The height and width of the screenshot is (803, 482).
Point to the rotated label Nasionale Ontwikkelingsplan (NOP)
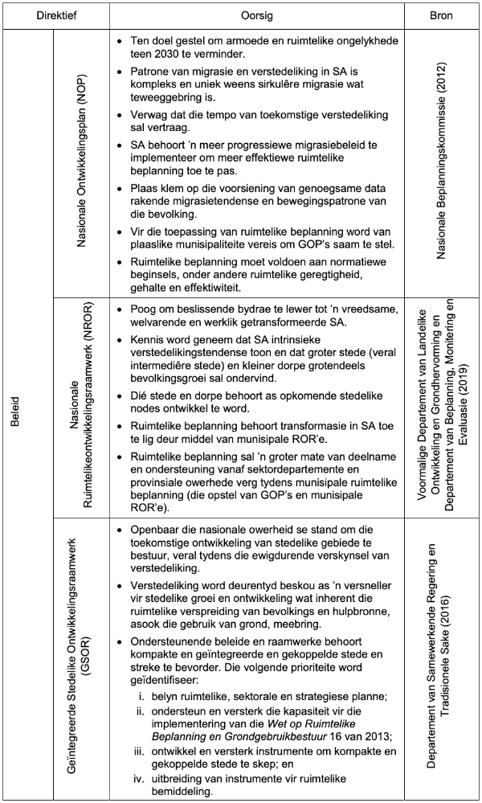coord(81,164)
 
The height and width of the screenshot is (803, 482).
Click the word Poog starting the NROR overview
coord(143,309)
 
